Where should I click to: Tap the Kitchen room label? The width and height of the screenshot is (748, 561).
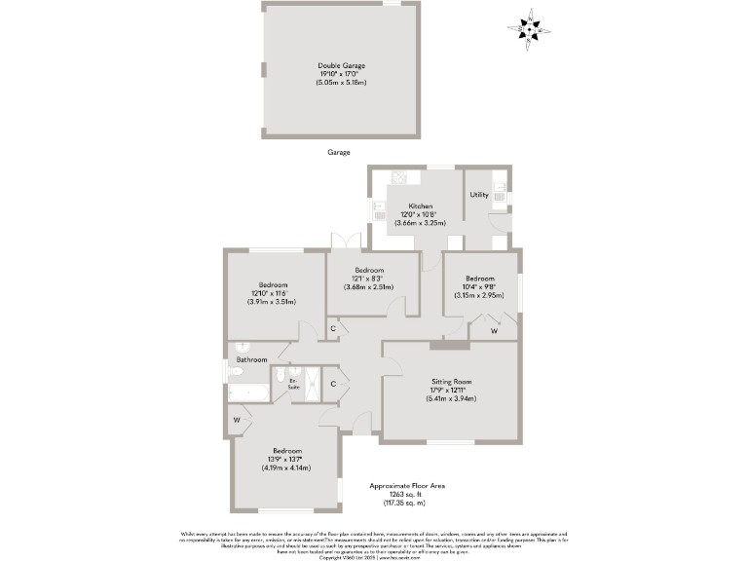(x=421, y=206)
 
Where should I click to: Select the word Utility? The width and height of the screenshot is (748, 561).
(x=479, y=195)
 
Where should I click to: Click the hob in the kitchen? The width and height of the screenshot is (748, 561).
(x=399, y=176)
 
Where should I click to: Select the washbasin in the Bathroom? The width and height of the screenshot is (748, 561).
(x=243, y=348)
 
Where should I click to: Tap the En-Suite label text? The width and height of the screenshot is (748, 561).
(x=294, y=384)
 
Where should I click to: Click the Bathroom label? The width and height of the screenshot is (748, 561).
(x=252, y=359)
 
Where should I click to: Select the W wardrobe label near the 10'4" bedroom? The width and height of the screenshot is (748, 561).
(x=494, y=331)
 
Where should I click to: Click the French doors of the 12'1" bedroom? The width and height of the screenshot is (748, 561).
(x=340, y=241)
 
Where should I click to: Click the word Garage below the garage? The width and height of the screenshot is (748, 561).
(x=339, y=153)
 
